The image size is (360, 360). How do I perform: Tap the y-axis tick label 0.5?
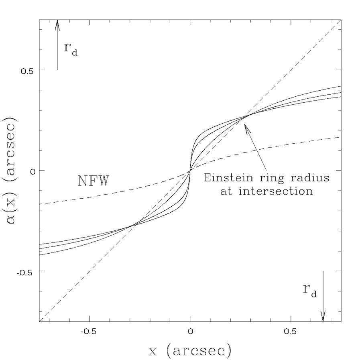pos(27,70)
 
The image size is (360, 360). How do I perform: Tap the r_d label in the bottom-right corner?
pos(310,291)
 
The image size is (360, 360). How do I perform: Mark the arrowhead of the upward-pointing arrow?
pos(57,22)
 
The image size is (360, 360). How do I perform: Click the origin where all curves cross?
pos(190,171)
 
